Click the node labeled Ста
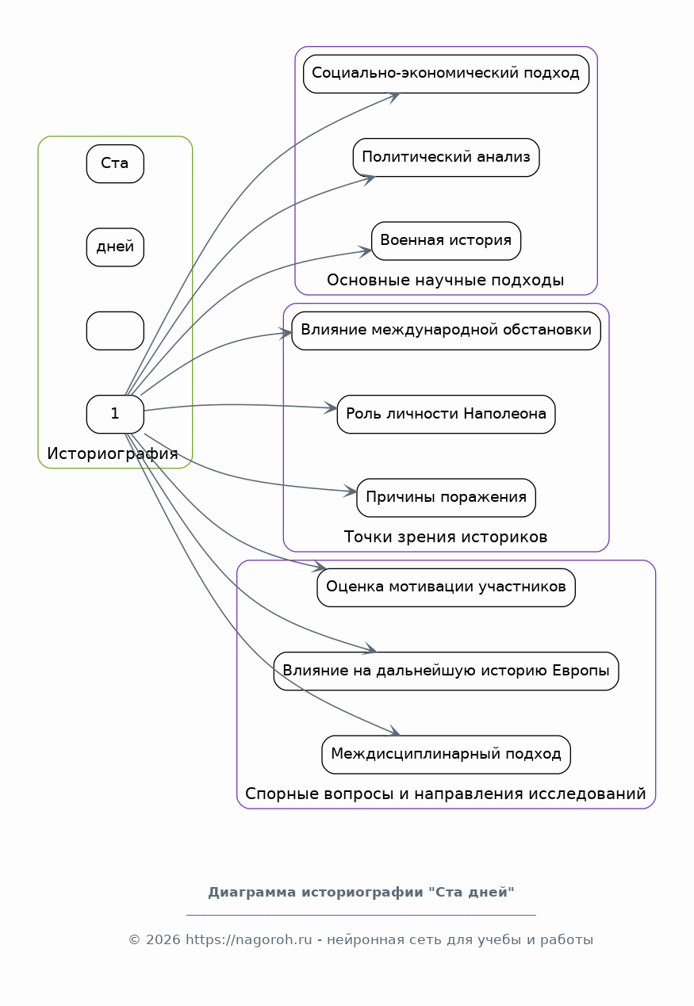click(115, 163)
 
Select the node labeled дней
click(115, 247)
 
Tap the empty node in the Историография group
click(115, 331)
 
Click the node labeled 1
click(115, 414)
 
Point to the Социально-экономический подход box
click(446, 74)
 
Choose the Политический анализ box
click(446, 157)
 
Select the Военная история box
click(446, 241)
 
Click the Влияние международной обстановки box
click(446, 331)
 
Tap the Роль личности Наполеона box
click(446, 414)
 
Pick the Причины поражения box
click(446, 498)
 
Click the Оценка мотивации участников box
click(446, 587)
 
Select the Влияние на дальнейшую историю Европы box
click(446, 671)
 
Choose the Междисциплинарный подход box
click(446, 755)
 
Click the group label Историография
click(113, 453)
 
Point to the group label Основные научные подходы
click(445, 281)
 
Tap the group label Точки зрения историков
click(445, 537)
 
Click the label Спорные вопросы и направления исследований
click(445, 794)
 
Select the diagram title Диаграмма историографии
click(316, 893)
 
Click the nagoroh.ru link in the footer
click(249, 939)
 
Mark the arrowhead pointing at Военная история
click(365, 251)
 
